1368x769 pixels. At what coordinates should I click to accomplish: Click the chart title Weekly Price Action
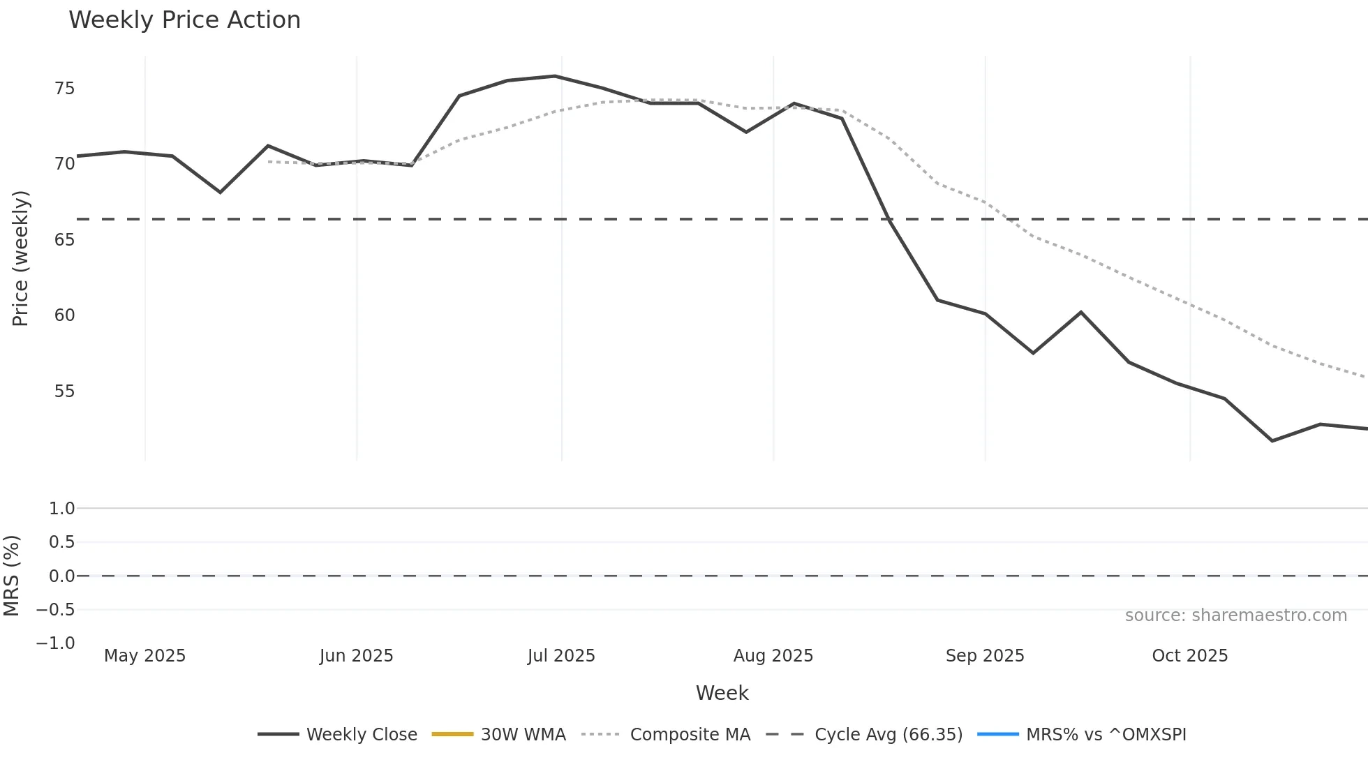pos(184,20)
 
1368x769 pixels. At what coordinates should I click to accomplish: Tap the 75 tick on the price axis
pos(64,89)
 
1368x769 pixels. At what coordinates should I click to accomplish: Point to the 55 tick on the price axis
pos(64,391)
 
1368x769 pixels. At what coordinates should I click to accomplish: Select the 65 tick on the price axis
pos(64,240)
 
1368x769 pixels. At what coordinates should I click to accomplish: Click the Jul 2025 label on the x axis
pos(561,656)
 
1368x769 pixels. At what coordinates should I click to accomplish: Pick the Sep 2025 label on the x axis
pos(985,656)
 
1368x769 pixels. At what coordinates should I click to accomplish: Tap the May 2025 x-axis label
pos(144,656)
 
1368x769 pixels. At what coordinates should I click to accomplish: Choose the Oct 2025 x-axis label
pos(1189,656)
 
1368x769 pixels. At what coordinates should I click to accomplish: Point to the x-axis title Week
pos(722,693)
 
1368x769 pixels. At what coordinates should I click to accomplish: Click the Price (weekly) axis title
pos(20,258)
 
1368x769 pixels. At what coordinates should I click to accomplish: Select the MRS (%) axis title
pos(11,576)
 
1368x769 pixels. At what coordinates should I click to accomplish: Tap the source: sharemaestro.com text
pos(1235,615)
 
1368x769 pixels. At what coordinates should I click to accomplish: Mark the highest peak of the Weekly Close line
pos(555,76)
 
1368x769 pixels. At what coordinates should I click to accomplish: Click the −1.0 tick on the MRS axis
pos(56,643)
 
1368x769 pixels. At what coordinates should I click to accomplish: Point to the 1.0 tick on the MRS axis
pos(61,509)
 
